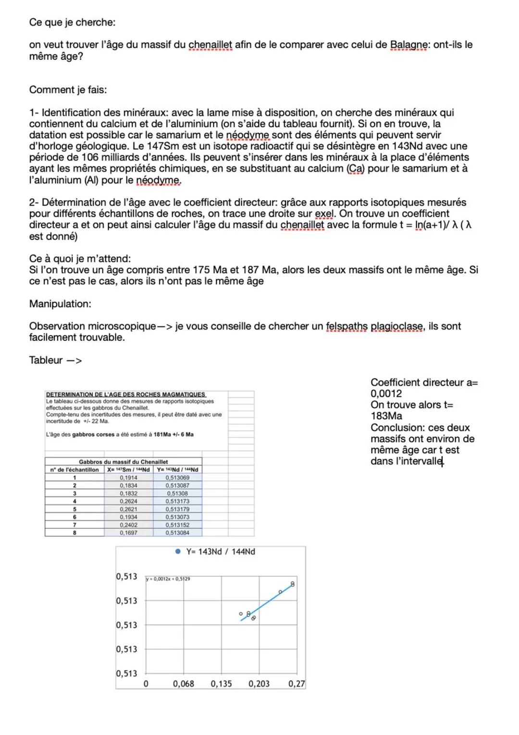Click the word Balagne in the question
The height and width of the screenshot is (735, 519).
[x=408, y=45]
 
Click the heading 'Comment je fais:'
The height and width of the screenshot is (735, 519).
[x=68, y=89]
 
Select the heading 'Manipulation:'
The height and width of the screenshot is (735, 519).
[x=60, y=304]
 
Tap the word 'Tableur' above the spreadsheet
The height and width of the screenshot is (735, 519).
[x=46, y=360]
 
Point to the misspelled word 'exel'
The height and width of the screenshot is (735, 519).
[x=324, y=214]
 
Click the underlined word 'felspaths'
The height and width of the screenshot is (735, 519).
[x=346, y=326]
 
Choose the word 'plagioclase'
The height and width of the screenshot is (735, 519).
[x=397, y=326]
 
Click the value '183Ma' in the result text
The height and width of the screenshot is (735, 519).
[x=386, y=416]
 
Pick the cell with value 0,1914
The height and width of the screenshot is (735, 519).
[x=128, y=478]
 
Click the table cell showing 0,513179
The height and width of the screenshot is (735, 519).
[x=177, y=509]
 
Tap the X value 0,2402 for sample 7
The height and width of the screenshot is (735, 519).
[x=128, y=525]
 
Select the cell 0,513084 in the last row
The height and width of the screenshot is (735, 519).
[x=177, y=532]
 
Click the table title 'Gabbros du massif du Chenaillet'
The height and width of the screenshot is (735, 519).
[x=124, y=462]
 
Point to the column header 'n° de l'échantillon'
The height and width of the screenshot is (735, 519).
[x=74, y=469]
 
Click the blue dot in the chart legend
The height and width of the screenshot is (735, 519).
[x=178, y=552]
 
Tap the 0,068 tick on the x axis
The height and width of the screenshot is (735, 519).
[x=184, y=684]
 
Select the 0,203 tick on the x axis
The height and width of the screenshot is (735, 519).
[x=259, y=684]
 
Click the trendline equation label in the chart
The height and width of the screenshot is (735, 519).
[x=168, y=579]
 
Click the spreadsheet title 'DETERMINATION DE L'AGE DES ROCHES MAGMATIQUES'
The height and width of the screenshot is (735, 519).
[x=126, y=394]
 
